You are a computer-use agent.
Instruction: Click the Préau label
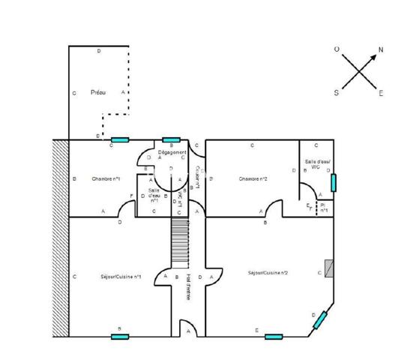click(x=97, y=93)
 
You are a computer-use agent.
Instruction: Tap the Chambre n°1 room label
click(x=106, y=179)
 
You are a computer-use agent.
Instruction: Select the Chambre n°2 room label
click(x=254, y=179)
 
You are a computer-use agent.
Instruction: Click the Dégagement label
click(x=172, y=151)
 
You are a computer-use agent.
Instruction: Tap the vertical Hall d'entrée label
click(x=188, y=285)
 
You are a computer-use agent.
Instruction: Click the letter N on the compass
click(x=381, y=49)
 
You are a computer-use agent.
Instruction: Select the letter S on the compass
click(x=337, y=94)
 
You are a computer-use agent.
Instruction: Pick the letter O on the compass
click(x=337, y=49)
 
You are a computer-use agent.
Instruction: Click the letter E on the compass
click(x=381, y=94)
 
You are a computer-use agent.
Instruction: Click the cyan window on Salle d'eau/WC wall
click(x=334, y=182)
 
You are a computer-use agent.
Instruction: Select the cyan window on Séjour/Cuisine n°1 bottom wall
click(x=120, y=337)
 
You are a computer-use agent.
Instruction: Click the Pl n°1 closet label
click(x=324, y=208)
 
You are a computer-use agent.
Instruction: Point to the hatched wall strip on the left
click(x=60, y=238)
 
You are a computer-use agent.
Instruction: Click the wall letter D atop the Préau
click(x=100, y=51)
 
